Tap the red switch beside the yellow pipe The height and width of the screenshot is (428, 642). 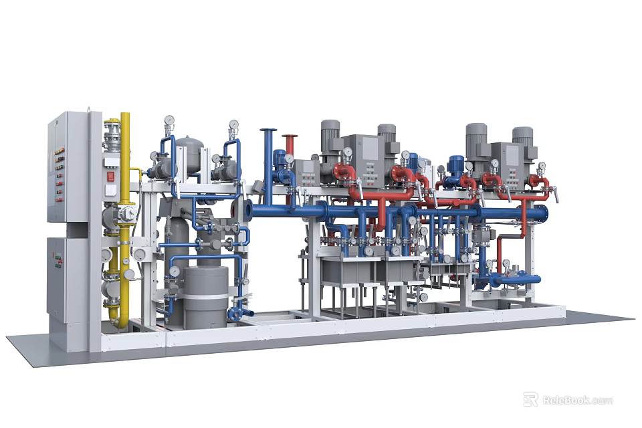coord(111,177)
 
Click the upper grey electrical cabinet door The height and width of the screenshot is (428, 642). coord(68,167)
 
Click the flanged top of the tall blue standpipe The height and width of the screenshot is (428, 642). coord(268,130)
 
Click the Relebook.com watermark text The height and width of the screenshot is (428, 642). coord(577,401)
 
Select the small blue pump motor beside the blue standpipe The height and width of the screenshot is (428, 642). coord(280,158)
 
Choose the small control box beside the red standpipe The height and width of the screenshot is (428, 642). coord(306,173)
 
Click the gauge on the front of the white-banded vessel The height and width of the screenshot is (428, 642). coord(175,272)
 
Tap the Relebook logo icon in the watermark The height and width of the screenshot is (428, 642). coord(530,400)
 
